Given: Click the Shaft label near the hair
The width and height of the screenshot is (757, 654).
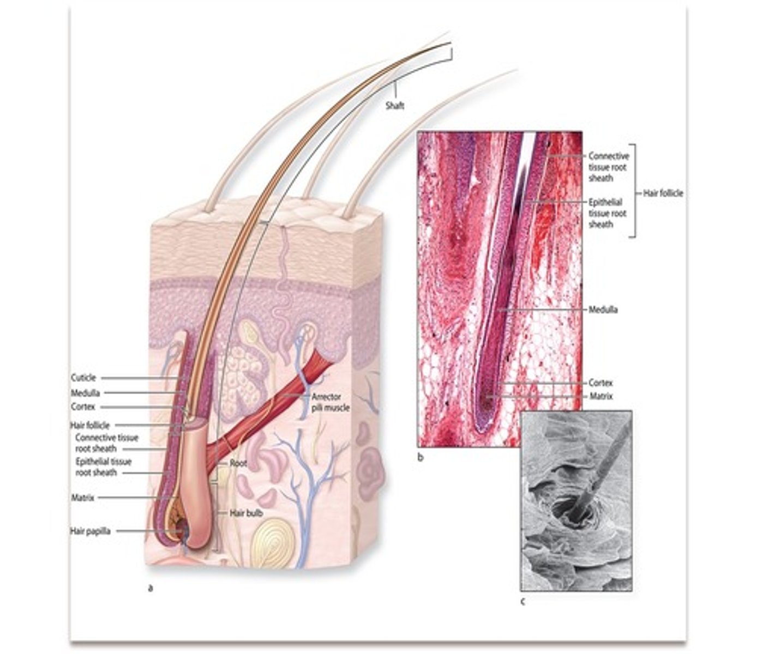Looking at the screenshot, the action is (394, 106).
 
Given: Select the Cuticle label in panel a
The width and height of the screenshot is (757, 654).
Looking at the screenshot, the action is (83, 378).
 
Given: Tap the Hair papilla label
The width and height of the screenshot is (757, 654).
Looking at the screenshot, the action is (90, 530).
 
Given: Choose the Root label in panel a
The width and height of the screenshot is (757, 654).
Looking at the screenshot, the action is (238, 464).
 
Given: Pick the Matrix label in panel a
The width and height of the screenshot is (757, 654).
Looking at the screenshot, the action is (82, 498).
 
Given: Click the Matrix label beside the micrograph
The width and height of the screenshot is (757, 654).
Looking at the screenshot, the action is (600, 397).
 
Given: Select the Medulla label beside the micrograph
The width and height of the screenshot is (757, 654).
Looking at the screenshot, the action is (603, 310).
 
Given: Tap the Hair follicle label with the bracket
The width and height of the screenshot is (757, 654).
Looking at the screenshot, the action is (663, 192).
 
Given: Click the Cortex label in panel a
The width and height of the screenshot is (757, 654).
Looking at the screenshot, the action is (83, 407).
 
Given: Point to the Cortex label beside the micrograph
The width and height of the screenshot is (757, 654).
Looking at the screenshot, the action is (600, 383).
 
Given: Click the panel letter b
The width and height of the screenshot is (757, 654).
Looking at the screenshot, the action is (420, 458).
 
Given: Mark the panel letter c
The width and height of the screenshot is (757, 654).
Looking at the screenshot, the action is (522, 602).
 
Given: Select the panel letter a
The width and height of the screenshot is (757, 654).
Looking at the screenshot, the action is (150, 588).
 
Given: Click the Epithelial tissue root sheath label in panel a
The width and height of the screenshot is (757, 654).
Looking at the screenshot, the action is (103, 467).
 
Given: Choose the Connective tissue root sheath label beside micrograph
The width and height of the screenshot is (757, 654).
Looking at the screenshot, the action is (608, 167).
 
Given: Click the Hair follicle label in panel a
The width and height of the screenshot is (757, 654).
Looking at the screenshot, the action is (89, 425).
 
